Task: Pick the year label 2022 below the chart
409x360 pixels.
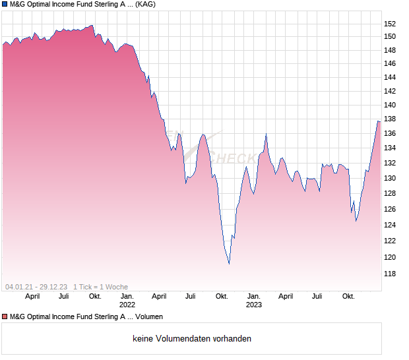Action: (127, 305)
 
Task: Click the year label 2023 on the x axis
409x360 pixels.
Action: (254, 305)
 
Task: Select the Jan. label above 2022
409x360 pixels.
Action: (127, 297)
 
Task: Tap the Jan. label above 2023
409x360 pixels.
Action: (254, 297)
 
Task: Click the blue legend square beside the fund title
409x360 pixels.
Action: (5, 4)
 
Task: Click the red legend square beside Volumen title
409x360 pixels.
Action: (5, 317)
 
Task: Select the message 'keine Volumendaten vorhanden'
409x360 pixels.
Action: (192, 339)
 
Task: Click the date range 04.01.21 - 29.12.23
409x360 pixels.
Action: (36, 287)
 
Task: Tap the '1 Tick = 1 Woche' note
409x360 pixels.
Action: (100, 287)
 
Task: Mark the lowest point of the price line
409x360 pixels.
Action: (229, 263)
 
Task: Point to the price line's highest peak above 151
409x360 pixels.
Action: (92, 26)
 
